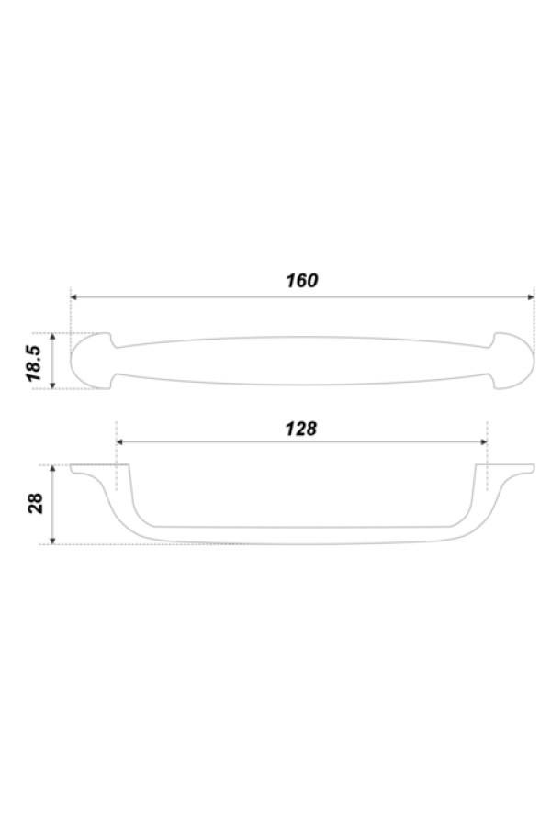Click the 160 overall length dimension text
[x=301, y=281]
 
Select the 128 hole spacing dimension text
[x=300, y=428]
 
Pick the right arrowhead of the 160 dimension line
[x=530, y=297]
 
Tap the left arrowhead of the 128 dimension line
[x=120, y=442]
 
